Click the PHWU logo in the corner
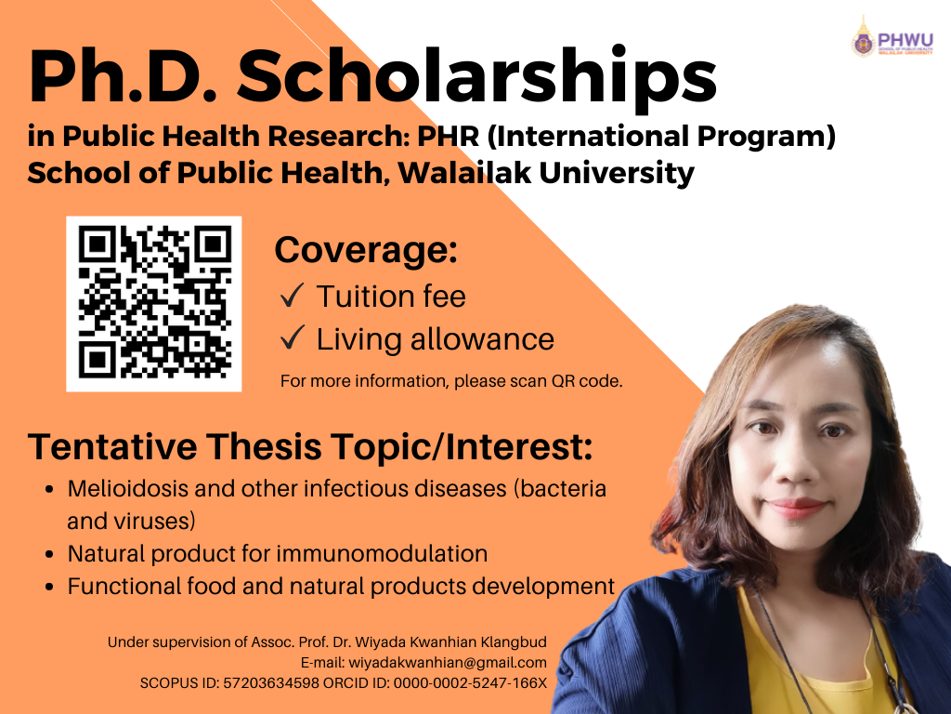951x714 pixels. point(892,37)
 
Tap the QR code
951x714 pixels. point(154,304)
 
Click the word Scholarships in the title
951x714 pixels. point(476,78)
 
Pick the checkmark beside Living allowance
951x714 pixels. point(292,337)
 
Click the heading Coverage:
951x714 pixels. point(366,249)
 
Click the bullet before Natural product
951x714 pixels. point(50,554)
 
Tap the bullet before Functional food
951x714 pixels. point(50,588)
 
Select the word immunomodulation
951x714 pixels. point(382,554)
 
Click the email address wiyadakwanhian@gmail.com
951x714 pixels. point(448,662)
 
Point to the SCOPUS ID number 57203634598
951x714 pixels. point(271,683)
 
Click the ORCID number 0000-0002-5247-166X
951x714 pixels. point(470,683)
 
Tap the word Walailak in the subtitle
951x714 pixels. point(464,173)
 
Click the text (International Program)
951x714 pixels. point(661,137)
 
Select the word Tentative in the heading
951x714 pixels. point(112,446)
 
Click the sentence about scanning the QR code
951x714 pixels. point(451,381)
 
